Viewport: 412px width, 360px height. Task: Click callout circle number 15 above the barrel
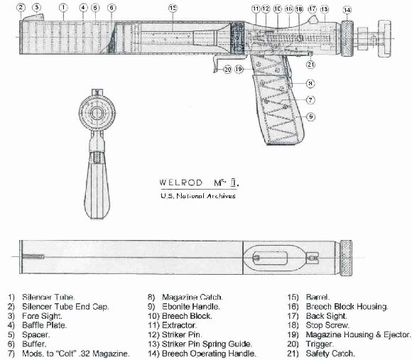173,8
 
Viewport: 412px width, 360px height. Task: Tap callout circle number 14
347,10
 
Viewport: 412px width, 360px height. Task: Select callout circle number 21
310,65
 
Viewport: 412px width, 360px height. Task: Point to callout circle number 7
310,100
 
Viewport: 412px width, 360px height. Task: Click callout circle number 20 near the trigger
227,70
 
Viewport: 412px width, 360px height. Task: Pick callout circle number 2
21,7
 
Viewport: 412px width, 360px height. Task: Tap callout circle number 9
311,116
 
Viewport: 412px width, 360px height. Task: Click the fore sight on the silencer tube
33,17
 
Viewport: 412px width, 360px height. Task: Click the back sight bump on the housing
313,20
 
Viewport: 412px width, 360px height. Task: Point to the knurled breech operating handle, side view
347,38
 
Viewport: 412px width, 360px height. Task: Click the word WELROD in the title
180,182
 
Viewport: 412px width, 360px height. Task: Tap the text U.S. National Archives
198,196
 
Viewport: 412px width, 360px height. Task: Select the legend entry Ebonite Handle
191,307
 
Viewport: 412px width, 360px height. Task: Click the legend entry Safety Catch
330,353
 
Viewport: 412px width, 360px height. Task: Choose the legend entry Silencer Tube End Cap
65,307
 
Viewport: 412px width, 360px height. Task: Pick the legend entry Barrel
318,298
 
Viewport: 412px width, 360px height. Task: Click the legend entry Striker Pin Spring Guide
207,344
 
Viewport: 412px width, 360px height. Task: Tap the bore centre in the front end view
97,113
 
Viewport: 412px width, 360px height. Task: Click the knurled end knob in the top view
347,258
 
